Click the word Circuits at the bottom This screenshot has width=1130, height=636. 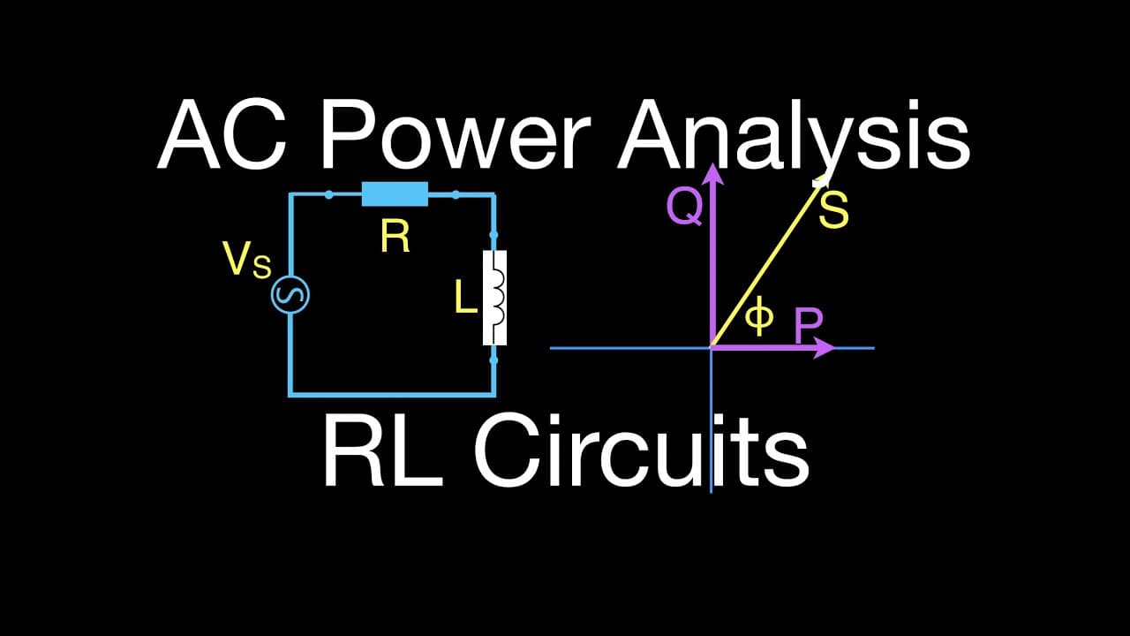[641, 450]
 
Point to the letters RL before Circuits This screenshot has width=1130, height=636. [383, 450]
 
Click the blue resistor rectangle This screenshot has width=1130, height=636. [395, 194]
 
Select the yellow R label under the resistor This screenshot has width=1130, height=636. [395, 237]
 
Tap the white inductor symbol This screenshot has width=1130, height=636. [494, 298]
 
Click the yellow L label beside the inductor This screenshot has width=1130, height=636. [465, 298]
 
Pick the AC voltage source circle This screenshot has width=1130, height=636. [290, 295]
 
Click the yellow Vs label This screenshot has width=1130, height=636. [247, 260]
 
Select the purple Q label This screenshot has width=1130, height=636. [684, 208]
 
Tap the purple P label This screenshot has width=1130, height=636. [809, 325]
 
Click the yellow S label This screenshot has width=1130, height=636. [833, 211]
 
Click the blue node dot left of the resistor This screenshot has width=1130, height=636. [329, 194]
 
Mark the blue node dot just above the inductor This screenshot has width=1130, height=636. [493, 235]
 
